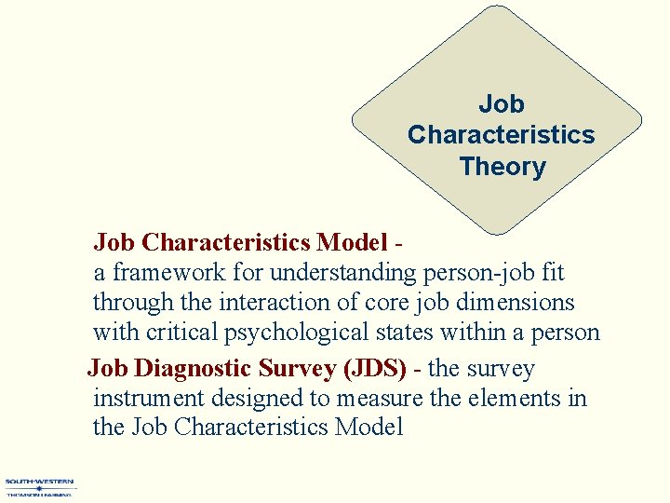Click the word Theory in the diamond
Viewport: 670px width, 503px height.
tap(502, 167)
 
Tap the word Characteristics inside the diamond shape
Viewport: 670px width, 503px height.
tap(501, 135)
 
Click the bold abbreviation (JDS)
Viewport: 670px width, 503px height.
tap(375, 369)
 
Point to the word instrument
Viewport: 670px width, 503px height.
tap(148, 399)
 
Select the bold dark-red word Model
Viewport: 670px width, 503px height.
tap(351, 243)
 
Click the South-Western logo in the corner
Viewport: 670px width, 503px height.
tap(40, 487)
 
